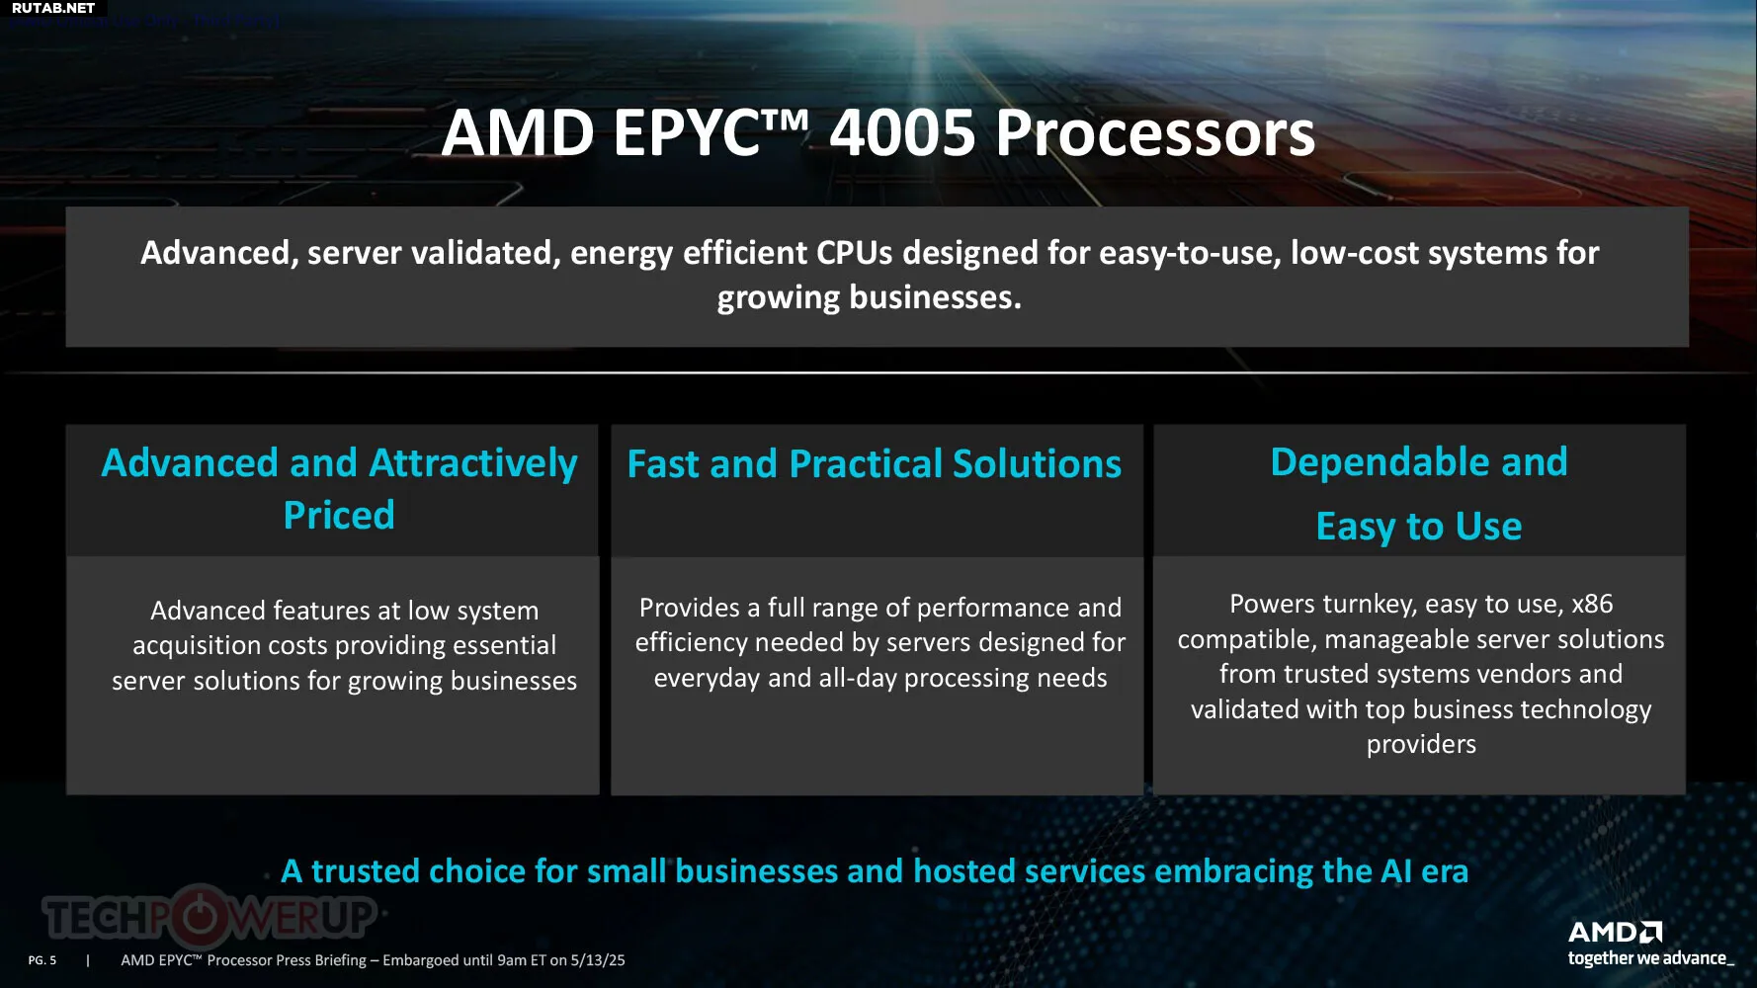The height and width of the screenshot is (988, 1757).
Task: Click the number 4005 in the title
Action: click(903, 132)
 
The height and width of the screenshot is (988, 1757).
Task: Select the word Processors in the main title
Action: click(1155, 132)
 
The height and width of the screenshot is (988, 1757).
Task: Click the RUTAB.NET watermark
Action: click(53, 8)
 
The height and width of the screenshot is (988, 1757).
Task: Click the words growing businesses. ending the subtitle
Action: click(870, 297)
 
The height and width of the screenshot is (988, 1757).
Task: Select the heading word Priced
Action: click(339, 515)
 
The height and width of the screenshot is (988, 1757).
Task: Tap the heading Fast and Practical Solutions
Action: click(875, 463)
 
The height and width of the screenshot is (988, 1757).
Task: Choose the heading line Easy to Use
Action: click(1419, 526)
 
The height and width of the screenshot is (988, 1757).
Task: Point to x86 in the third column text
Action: click(1592, 604)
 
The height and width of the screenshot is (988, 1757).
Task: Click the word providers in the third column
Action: click(1421, 744)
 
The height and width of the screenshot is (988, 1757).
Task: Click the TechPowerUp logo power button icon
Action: click(201, 916)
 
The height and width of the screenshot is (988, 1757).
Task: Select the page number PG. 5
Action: click(42, 960)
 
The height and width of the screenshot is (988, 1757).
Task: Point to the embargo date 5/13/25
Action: click(598, 960)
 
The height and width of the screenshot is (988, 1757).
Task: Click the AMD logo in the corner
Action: click(1616, 932)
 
